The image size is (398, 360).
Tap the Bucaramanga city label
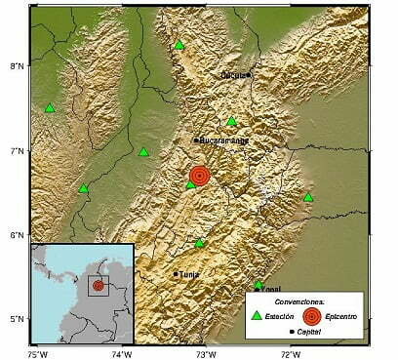click(x=224, y=140)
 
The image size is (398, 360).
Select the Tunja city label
click(x=188, y=274)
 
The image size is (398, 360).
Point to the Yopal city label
click(x=270, y=290)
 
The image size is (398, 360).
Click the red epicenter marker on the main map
click(x=199, y=176)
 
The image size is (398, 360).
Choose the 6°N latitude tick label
click(x=15, y=235)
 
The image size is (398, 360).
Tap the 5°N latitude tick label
click(x=15, y=319)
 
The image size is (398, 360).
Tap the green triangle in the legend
click(x=257, y=315)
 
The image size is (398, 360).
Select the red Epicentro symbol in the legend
click(x=310, y=315)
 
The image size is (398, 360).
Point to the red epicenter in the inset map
click(x=99, y=286)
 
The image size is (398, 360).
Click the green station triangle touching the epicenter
click(x=190, y=184)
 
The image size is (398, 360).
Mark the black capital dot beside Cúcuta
click(x=249, y=74)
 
